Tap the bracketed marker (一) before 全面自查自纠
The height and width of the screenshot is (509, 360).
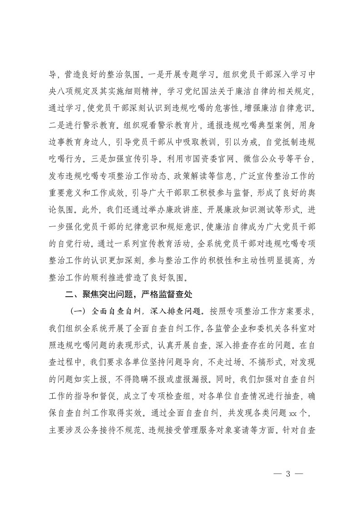coord(77,312)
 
